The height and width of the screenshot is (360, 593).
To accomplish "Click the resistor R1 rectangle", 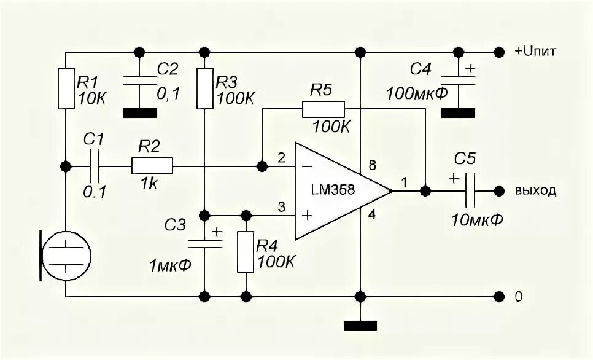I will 66,89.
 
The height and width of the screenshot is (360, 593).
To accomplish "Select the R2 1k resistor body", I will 152,166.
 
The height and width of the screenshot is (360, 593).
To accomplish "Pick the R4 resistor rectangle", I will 246,252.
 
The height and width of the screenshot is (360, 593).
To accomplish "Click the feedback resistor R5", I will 323,109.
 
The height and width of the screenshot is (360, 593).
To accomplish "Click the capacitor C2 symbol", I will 140,79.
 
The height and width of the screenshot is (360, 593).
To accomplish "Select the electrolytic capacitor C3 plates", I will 205,241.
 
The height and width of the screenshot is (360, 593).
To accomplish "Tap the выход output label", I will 535,191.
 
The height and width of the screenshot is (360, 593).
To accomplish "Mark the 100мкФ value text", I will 416,94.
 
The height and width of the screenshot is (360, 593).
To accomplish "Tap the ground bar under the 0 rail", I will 360,324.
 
